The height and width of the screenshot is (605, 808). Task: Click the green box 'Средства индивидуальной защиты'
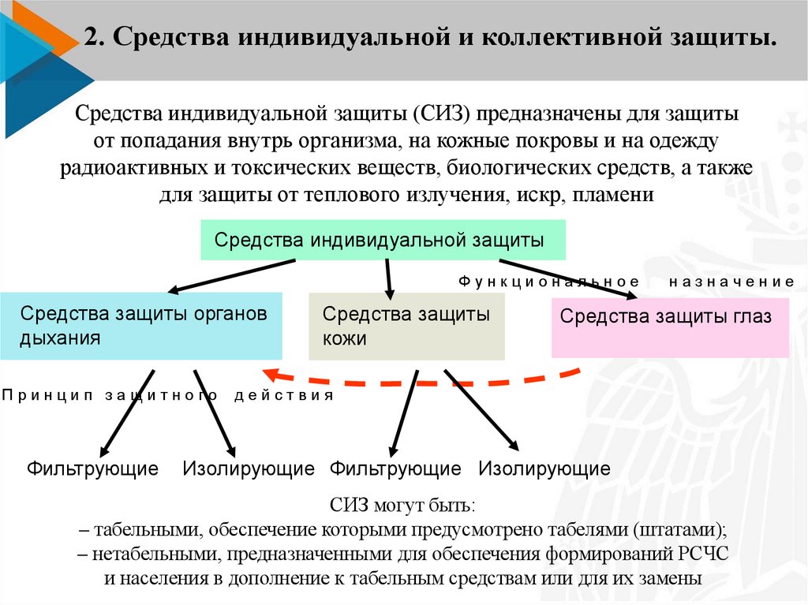(x=383, y=240)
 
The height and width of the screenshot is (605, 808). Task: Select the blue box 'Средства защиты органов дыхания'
(x=141, y=326)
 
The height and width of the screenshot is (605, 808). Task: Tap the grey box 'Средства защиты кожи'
(x=406, y=326)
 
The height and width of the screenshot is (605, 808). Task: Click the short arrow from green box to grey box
(x=388, y=278)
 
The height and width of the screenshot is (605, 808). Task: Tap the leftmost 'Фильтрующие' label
(x=92, y=469)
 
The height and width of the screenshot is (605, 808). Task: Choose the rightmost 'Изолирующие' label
(x=544, y=469)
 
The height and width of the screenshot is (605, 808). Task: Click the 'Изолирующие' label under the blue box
(x=249, y=469)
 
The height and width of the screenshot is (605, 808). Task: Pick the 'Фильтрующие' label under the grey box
(x=395, y=469)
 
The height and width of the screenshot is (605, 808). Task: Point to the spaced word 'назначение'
(x=731, y=282)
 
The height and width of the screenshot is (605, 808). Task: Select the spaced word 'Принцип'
(x=47, y=394)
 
